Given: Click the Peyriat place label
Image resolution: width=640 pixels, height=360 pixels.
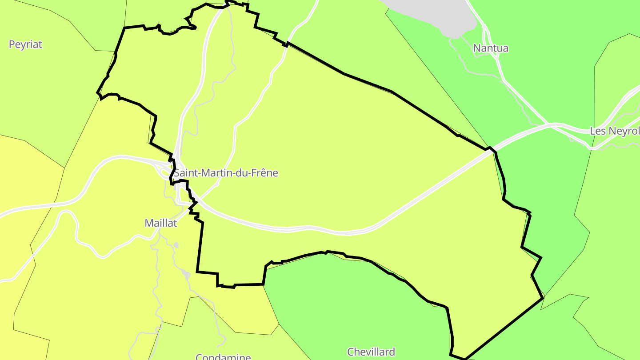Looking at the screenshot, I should pyautogui.click(x=25, y=44).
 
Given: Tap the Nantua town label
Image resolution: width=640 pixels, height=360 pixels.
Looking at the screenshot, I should pyautogui.click(x=491, y=48).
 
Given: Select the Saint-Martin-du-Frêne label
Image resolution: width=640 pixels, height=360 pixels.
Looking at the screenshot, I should pyautogui.click(x=226, y=173).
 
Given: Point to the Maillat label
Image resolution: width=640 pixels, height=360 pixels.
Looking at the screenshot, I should pyautogui.click(x=161, y=223).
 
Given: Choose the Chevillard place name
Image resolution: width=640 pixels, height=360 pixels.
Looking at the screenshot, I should pyautogui.click(x=371, y=352).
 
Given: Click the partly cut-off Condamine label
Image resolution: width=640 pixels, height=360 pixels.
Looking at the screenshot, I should pyautogui.click(x=223, y=357).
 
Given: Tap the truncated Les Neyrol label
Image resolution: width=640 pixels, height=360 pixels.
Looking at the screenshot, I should pyautogui.click(x=615, y=131).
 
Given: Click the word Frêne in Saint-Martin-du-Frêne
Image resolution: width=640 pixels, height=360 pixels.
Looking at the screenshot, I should pyautogui.click(x=265, y=173).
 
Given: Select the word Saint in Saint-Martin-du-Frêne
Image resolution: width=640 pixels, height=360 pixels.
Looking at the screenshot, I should pyautogui.click(x=186, y=173).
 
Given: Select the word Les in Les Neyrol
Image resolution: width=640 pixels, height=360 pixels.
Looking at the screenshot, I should pyautogui.click(x=597, y=131).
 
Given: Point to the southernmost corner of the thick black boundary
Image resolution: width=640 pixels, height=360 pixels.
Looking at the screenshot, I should pyautogui.click(x=464, y=359).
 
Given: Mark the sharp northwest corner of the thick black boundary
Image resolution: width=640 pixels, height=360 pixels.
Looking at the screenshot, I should pyautogui.click(x=124, y=28).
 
